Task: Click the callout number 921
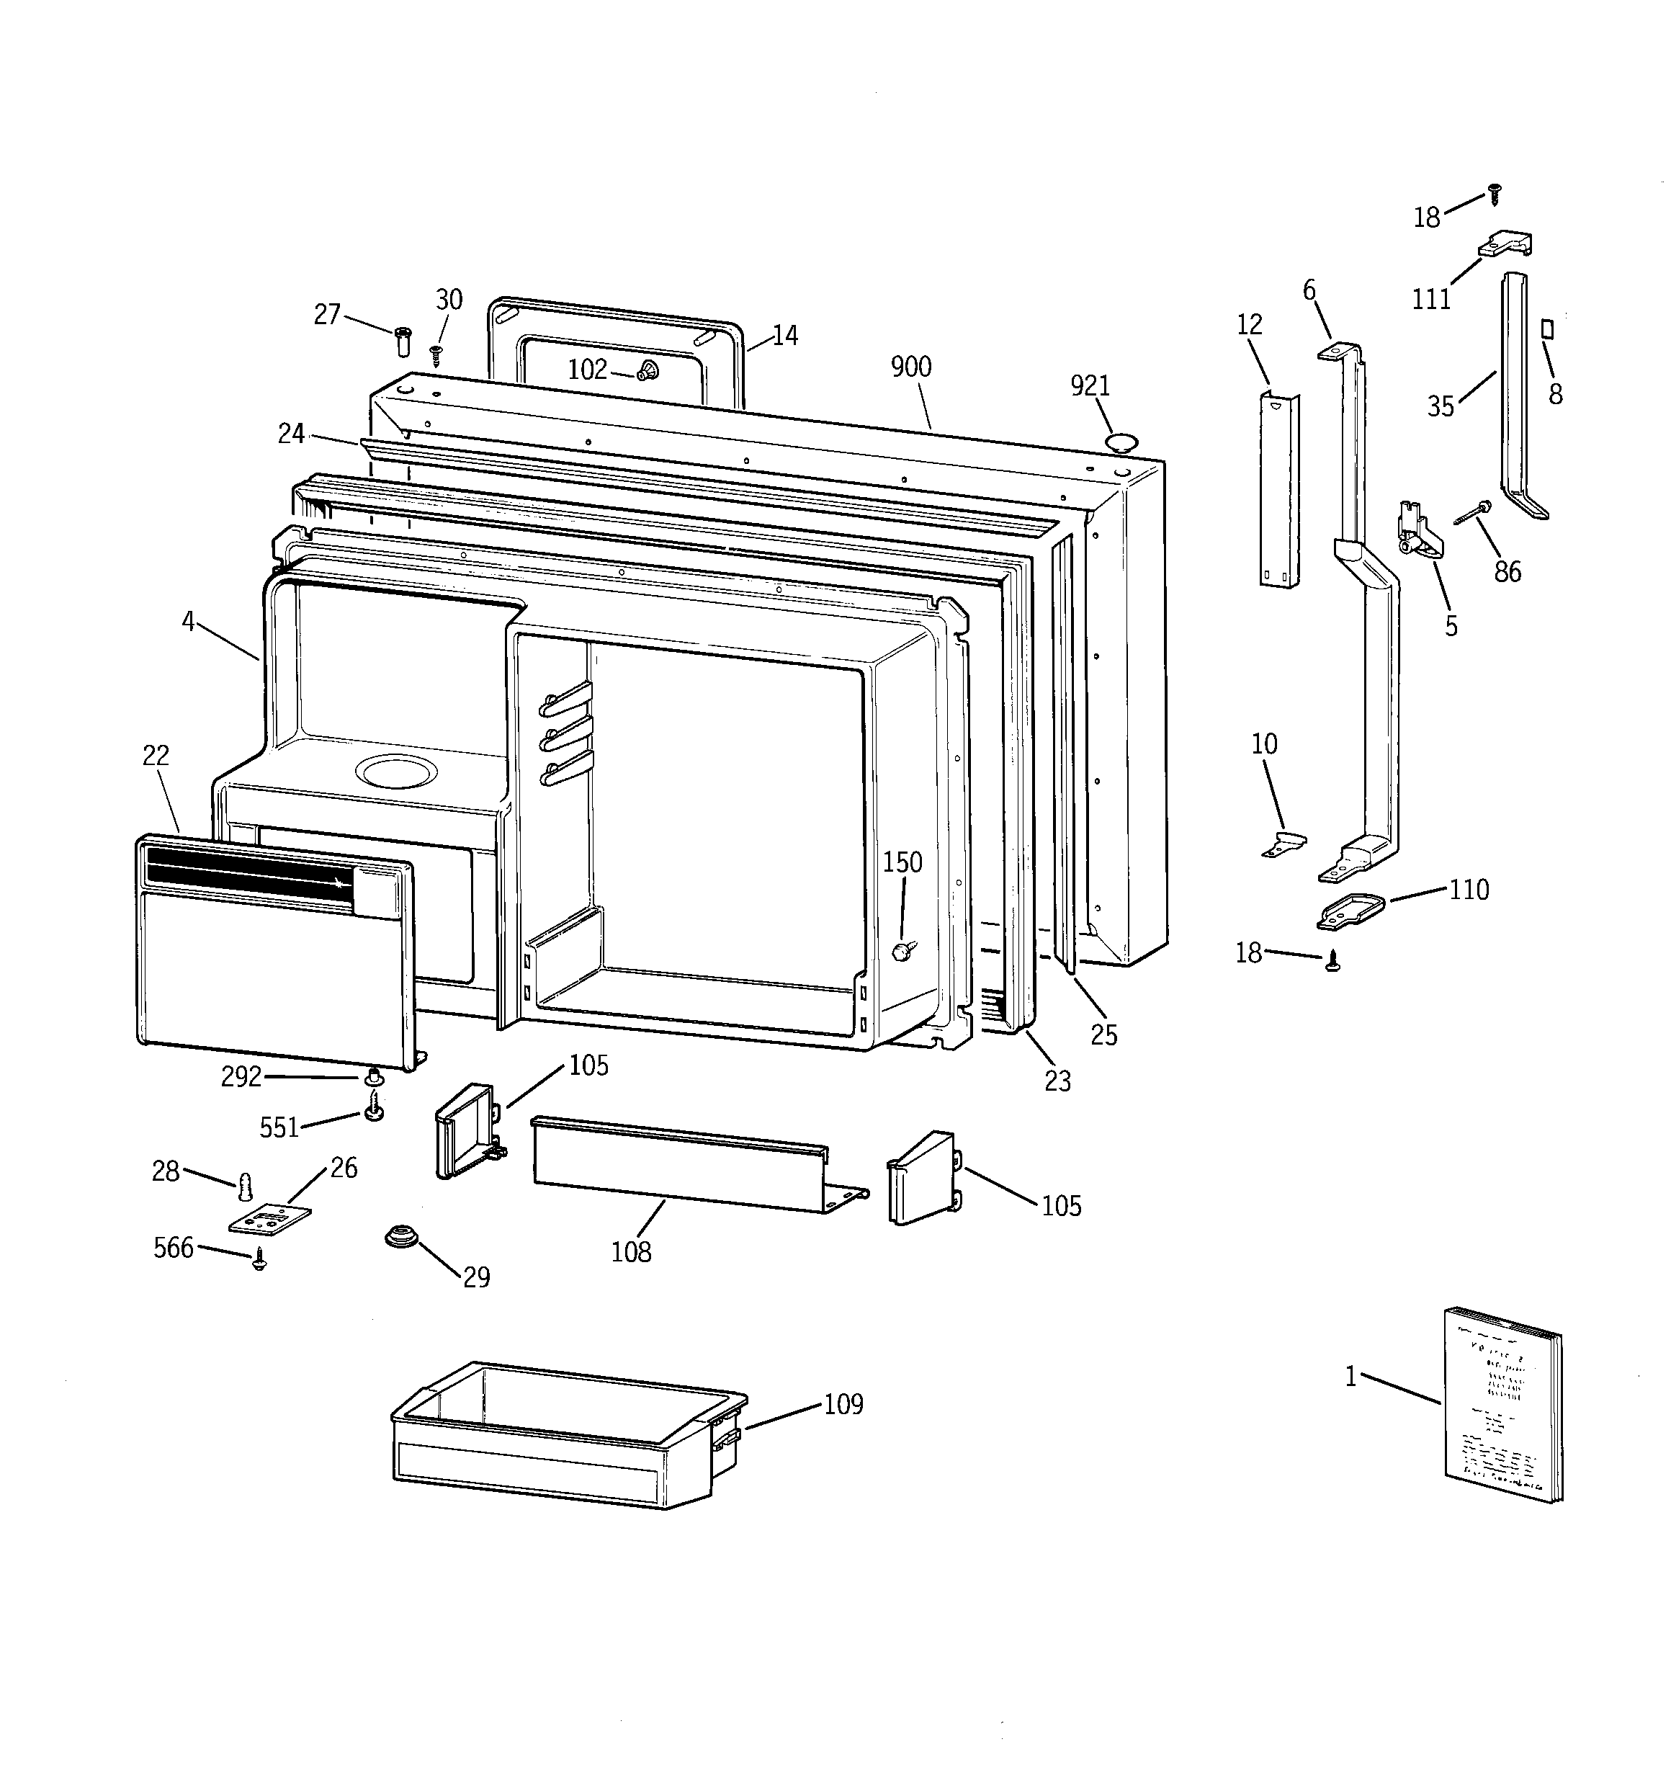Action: (x=1090, y=385)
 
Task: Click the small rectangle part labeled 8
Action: (x=1546, y=329)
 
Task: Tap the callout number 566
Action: (x=173, y=1248)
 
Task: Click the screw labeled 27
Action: (x=403, y=341)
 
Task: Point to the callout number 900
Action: (x=910, y=367)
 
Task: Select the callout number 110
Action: (x=1469, y=890)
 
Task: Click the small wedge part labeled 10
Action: (x=1286, y=844)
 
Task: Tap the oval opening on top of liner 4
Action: (x=396, y=770)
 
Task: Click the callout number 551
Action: (x=279, y=1127)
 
